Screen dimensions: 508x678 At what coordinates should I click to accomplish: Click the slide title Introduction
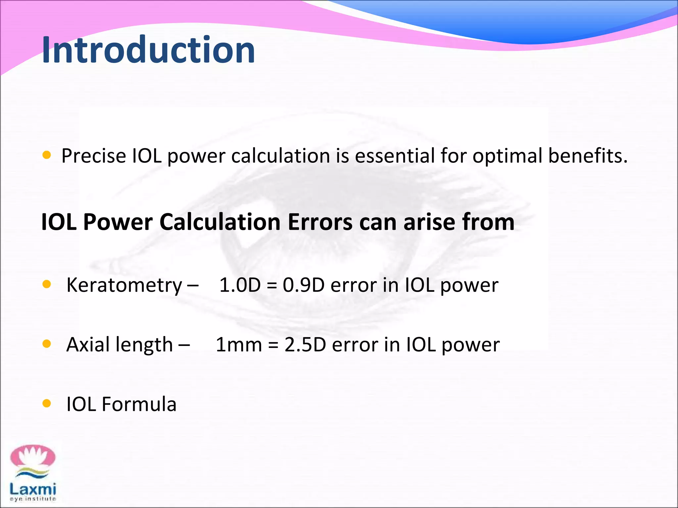[x=148, y=50]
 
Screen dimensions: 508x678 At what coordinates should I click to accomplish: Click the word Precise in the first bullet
[x=94, y=156]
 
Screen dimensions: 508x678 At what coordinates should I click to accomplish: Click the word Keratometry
[x=124, y=285]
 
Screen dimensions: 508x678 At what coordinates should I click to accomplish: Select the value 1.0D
[x=240, y=285]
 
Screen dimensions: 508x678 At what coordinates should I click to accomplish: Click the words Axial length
[x=120, y=345]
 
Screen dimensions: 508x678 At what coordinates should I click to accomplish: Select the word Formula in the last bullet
[x=139, y=404]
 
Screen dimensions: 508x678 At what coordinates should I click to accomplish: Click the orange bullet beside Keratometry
[x=47, y=284]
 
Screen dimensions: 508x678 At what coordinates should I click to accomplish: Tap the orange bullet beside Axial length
[x=47, y=344]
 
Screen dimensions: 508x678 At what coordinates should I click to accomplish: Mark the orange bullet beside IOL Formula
[x=47, y=403]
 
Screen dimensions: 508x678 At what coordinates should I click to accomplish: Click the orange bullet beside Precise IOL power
[x=47, y=155]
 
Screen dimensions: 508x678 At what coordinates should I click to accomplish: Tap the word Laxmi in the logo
[x=33, y=489]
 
